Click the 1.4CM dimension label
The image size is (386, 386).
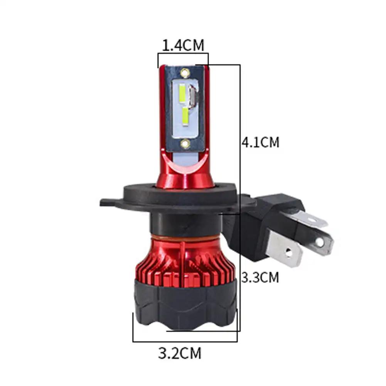pyautogui.click(x=183, y=45)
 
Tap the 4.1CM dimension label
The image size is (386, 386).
pyautogui.click(x=260, y=142)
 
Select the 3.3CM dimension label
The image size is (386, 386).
pyautogui.click(x=260, y=277)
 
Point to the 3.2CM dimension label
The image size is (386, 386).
pyautogui.click(x=180, y=353)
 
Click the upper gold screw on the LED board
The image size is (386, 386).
pyautogui.click(x=185, y=73)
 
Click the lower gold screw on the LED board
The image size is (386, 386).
pyautogui.click(x=185, y=143)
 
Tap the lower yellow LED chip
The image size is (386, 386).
pyautogui.click(x=185, y=118)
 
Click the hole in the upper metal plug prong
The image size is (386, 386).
pyautogui.click(x=320, y=243)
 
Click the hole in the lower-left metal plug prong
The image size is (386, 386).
pyautogui.click(x=288, y=252)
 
